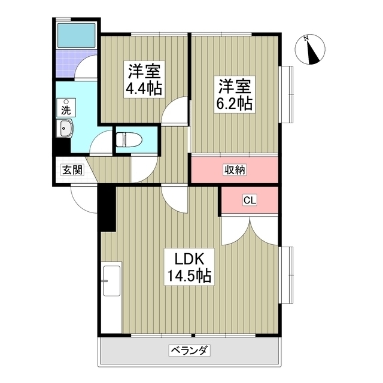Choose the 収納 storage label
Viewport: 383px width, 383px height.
point(235,170)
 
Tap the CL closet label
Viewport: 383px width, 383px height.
point(250,200)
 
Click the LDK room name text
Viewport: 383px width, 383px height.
point(190,259)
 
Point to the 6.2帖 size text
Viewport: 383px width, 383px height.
point(233,102)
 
